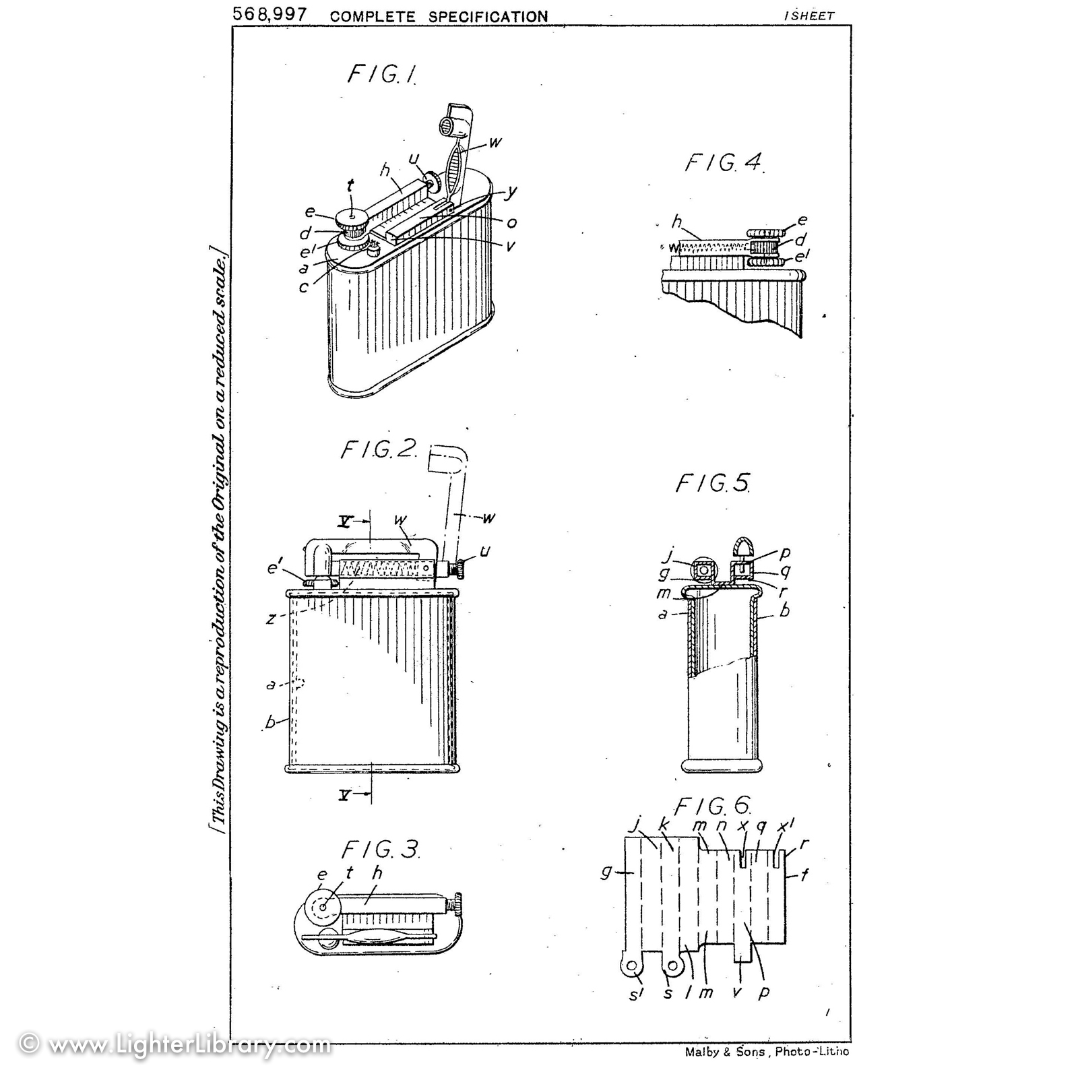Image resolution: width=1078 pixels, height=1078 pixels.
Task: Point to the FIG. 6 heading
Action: (x=713, y=806)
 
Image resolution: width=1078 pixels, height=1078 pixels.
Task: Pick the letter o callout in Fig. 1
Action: (x=512, y=222)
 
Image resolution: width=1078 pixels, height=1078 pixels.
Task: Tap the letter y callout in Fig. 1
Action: (x=512, y=193)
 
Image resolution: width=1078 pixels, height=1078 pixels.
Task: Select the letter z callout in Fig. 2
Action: (x=271, y=618)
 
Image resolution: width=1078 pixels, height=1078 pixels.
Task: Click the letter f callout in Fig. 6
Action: (x=804, y=876)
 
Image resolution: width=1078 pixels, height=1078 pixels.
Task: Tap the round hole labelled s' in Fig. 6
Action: (x=632, y=967)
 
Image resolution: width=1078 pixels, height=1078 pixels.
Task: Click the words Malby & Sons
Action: (x=724, y=1051)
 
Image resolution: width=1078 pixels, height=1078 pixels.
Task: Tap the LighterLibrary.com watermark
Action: (x=176, y=1045)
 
